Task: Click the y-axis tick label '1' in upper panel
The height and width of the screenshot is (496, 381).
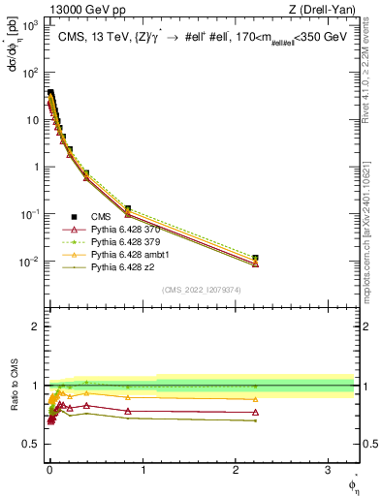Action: click(35, 167)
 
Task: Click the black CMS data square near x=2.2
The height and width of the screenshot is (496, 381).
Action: click(255, 258)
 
